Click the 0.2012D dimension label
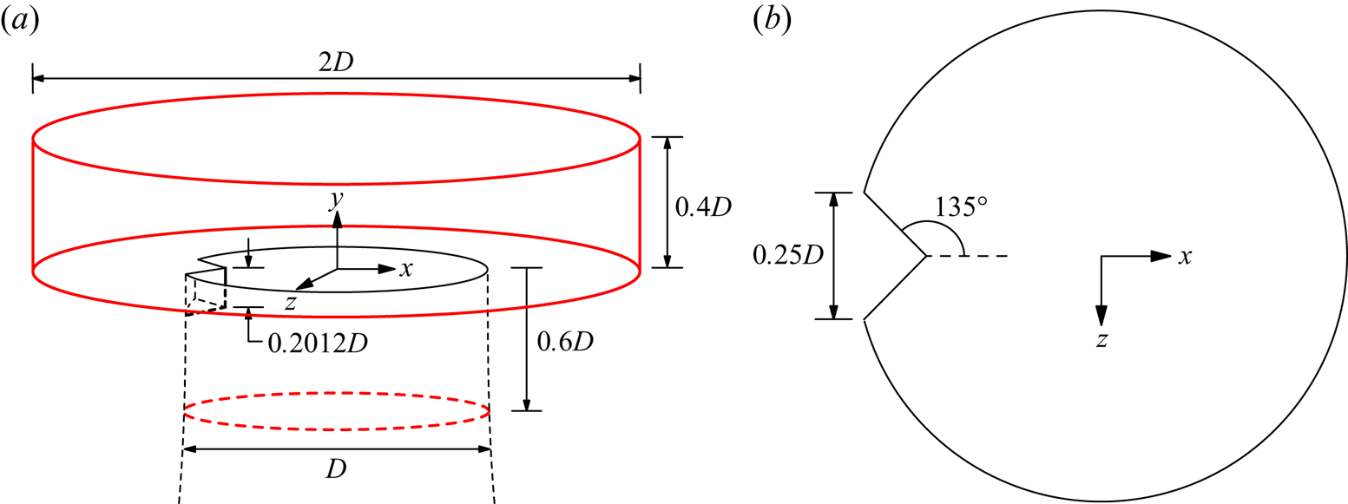(310, 344)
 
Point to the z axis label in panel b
(1101, 340)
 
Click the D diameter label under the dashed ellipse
(337, 469)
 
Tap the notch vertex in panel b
(926, 256)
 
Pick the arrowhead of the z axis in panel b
(1101, 317)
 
